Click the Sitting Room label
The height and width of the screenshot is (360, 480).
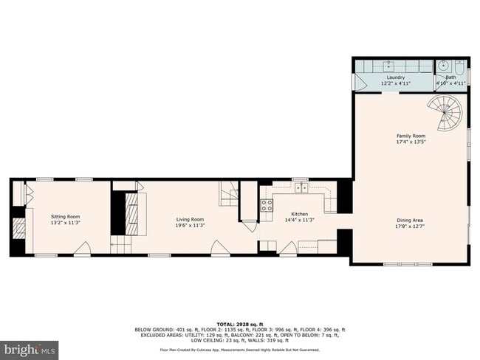65,218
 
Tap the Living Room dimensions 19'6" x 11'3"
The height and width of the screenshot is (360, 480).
190,225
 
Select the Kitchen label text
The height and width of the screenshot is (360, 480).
289,213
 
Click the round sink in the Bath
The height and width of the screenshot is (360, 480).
444,66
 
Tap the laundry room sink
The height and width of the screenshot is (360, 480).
389,64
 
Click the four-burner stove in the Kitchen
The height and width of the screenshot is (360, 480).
267,204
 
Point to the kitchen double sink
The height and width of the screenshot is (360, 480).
302,188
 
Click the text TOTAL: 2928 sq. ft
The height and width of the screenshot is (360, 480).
239,324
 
